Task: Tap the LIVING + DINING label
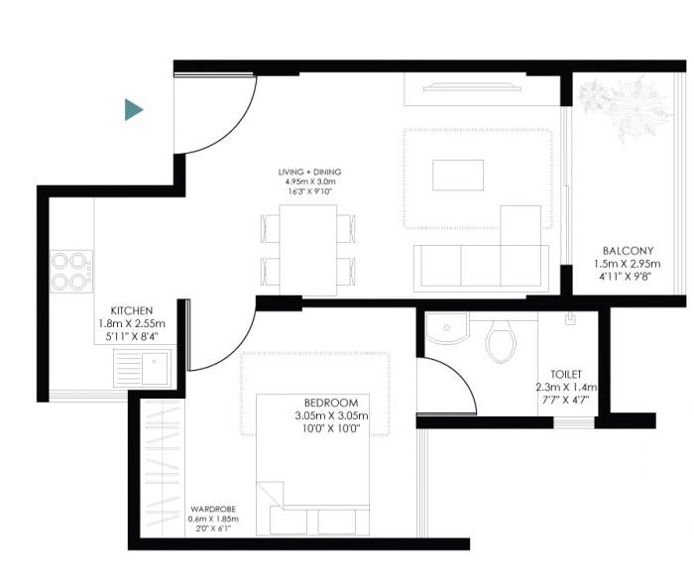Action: [308, 172]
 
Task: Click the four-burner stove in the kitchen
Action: [72, 271]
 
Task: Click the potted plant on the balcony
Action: [619, 106]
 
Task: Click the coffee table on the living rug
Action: [458, 176]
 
